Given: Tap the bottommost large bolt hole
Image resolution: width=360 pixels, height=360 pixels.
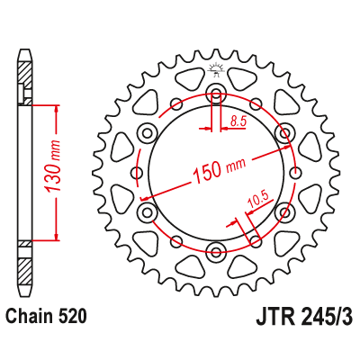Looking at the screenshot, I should tap(215, 249).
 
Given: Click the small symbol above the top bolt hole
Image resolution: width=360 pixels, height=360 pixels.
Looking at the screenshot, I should tap(215, 68).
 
